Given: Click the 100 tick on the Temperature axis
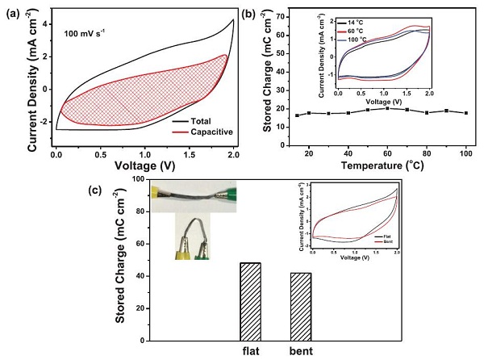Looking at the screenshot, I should click(466, 153).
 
